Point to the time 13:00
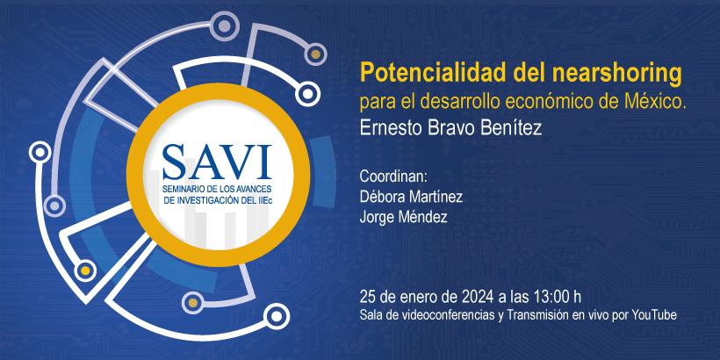pos(551,297)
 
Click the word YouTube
pos(654,316)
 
